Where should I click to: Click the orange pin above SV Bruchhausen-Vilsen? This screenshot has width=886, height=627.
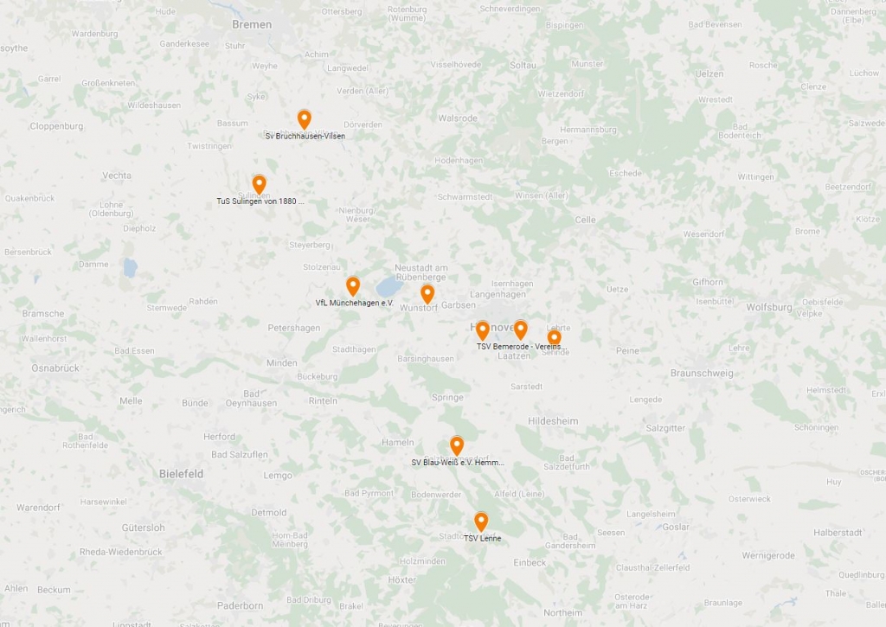coord(304,119)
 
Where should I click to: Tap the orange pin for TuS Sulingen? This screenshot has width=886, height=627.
coord(259,184)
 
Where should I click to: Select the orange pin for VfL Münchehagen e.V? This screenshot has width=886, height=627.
coord(353,286)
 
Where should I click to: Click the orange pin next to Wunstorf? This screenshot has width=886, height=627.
coord(427,294)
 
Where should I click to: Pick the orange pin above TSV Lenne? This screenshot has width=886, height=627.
coord(481,521)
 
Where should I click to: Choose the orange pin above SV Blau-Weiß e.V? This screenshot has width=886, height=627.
coord(457,446)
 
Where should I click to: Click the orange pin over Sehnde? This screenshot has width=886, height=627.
coord(554,337)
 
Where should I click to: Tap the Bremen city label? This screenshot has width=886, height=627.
coord(252,24)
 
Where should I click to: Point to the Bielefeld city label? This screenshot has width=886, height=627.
coord(181,474)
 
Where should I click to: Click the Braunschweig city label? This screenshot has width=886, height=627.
coord(702,374)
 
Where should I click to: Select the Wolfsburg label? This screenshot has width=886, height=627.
coord(768,307)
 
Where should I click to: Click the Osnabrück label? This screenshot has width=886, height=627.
coord(55,368)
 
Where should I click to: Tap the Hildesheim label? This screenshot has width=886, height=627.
coord(553,421)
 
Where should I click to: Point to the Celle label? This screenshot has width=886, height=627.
coord(585,220)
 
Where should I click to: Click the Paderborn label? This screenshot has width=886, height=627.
coord(240,605)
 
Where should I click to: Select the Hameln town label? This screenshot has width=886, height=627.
coord(398,442)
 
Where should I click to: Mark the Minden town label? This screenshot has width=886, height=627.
coord(281,363)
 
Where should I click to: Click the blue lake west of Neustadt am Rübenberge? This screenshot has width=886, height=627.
coord(388,286)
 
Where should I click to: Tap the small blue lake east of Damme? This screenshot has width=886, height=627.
coord(130,267)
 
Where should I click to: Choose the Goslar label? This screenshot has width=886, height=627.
coord(676,527)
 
